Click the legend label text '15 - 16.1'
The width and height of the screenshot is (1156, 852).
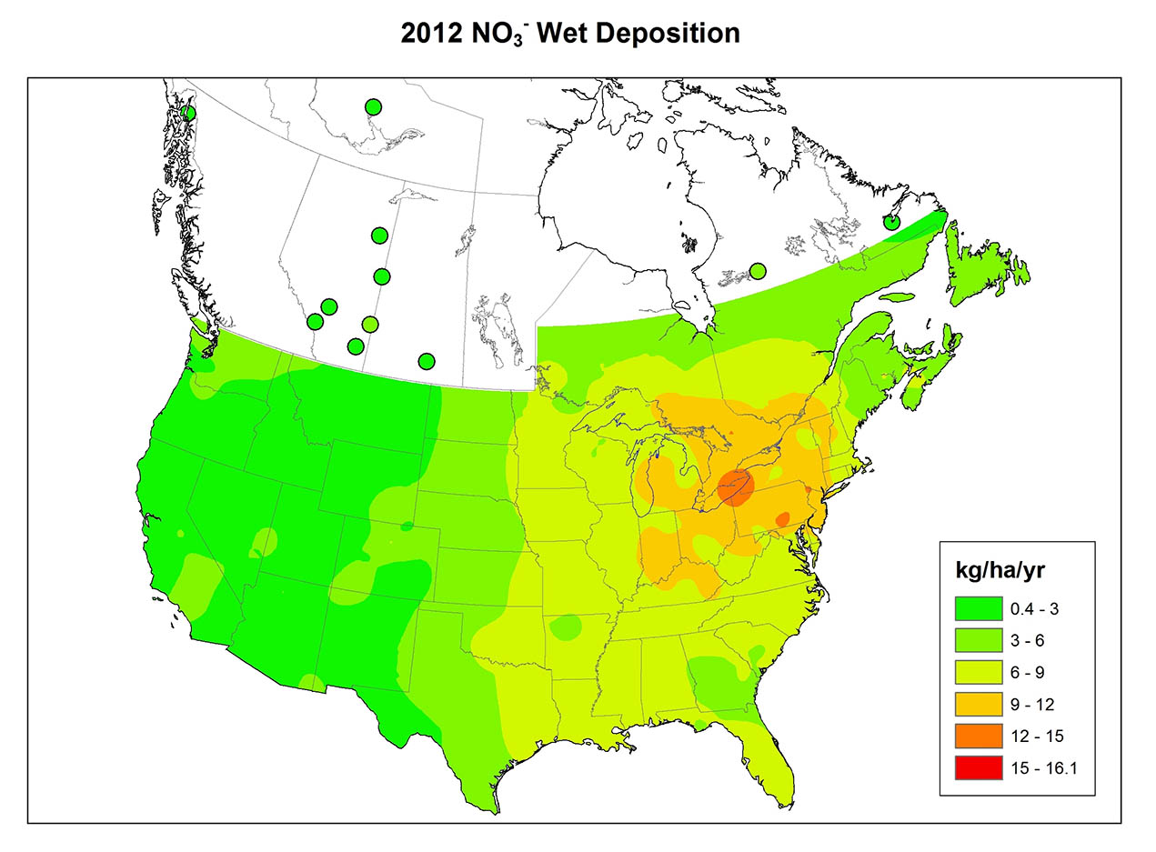click(x=1043, y=768)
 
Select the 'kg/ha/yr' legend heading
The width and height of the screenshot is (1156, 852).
click(x=998, y=570)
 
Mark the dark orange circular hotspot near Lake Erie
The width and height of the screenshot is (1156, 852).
click(x=735, y=487)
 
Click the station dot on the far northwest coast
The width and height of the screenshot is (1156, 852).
click(x=187, y=113)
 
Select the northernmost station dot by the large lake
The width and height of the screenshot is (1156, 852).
click(x=373, y=107)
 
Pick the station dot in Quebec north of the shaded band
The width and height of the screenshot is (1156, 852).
click(x=757, y=270)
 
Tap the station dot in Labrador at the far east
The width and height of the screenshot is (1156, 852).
click(x=892, y=222)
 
